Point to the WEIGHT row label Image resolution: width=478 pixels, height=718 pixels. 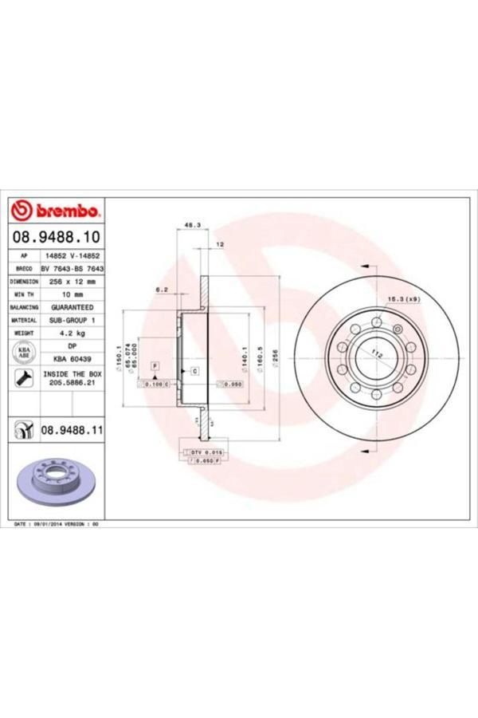(x=24, y=333)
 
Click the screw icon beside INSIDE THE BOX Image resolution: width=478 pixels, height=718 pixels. (x=24, y=379)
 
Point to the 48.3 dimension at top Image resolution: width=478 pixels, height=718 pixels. (x=191, y=226)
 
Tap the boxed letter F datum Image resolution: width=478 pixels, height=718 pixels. (x=155, y=364)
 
